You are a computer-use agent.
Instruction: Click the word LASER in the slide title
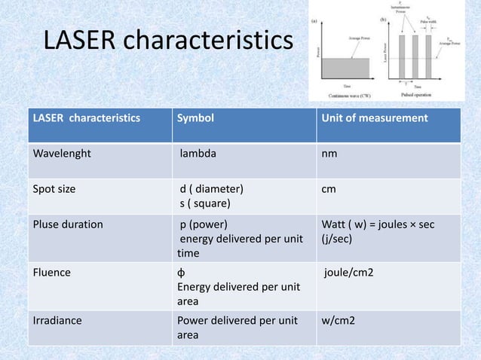click(x=79, y=43)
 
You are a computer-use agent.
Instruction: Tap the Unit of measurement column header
click(x=374, y=118)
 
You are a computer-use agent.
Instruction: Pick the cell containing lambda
click(x=198, y=153)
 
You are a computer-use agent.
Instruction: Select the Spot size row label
click(x=54, y=189)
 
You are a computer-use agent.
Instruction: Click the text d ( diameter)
click(x=211, y=189)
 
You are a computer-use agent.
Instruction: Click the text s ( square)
click(x=205, y=203)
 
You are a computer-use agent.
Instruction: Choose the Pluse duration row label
click(x=67, y=224)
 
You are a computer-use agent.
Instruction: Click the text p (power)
click(x=203, y=224)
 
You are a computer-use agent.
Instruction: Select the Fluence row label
click(x=51, y=273)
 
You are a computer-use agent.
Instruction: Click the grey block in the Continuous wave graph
click(x=346, y=68)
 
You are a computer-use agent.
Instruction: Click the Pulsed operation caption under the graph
click(x=426, y=96)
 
